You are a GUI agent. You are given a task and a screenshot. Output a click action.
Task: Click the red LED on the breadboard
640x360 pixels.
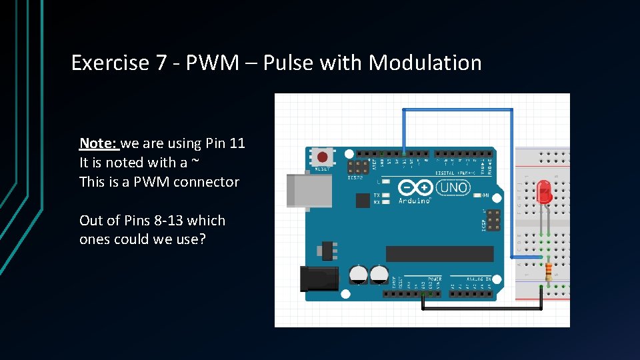tap(544, 192)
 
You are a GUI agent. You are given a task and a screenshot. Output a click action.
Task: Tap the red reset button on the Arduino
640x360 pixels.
tap(323, 158)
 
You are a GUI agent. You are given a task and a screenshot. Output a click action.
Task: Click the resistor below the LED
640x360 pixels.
tap(549, 271)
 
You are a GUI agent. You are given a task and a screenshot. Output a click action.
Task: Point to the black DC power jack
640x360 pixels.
tap(318, 278)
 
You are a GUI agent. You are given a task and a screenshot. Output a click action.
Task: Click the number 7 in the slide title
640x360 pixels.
tap(161, 63)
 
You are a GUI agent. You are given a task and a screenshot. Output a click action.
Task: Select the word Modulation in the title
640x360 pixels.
tap(425, 63)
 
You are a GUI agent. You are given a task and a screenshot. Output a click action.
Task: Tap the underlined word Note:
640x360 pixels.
tap(99, 143)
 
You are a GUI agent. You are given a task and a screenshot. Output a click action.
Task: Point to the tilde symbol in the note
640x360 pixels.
tap(195, 162)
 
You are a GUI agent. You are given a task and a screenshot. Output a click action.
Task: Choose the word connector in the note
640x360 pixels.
tap(206, 181)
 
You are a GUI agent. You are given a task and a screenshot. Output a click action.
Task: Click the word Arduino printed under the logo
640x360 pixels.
tap(415, 201)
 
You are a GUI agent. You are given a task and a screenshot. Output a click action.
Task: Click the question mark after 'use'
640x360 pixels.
tap(202, 239)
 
